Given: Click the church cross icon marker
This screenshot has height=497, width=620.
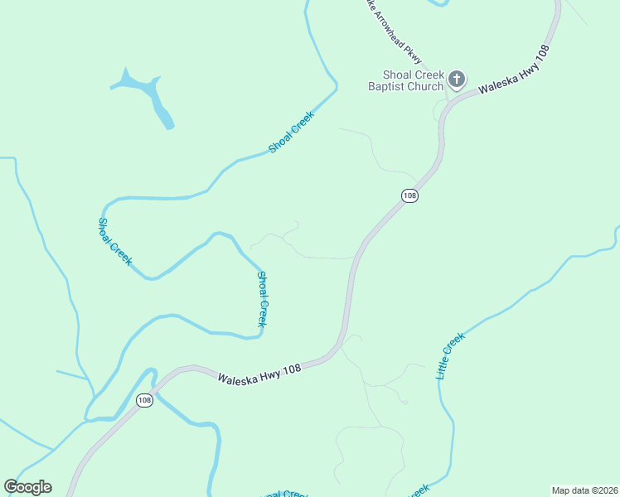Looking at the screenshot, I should coord(456,80).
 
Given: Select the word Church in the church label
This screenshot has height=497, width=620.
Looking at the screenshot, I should coord(427,86).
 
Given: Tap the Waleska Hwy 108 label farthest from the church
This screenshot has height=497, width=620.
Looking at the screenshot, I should coord(259,370).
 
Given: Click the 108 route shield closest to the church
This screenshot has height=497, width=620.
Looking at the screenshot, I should coord(409,195).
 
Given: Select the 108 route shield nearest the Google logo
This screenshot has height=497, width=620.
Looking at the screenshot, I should coord(145,400).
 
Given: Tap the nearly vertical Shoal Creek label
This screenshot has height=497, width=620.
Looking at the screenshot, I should coord(262,299).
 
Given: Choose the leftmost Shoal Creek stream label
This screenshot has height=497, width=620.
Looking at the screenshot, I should coord(114,241).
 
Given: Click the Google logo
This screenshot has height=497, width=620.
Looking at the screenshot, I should coord(27,487).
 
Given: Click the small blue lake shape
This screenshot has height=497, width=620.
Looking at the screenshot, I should coord(152,95).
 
